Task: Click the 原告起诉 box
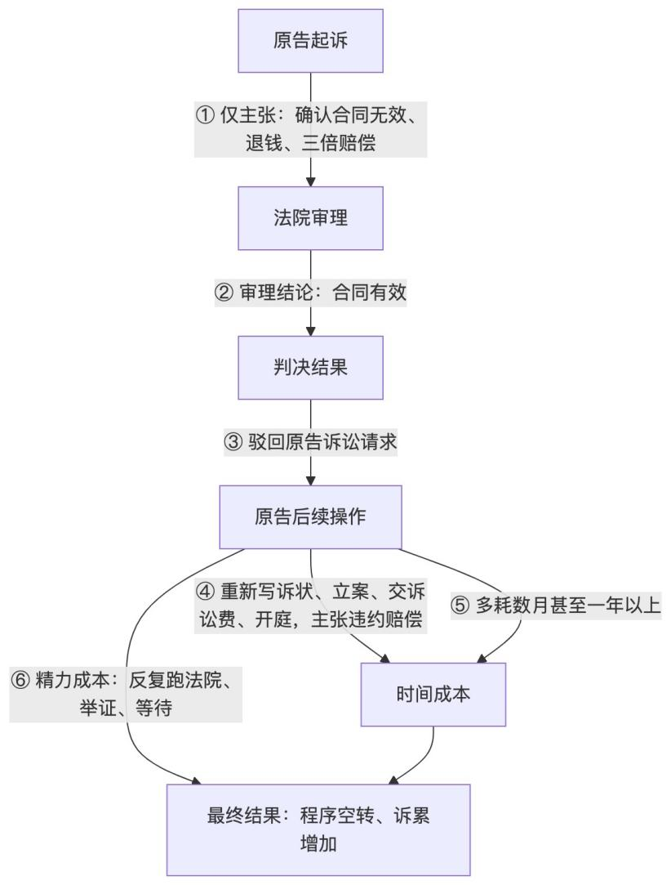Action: (310, 41)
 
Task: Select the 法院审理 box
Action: (310, 218)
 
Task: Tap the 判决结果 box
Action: (310, 368)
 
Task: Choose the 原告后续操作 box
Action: (310, 517)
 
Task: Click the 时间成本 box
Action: (433, 695)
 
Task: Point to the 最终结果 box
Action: (318, 829)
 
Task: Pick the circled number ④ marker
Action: (206, 590)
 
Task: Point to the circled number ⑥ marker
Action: (20, 680)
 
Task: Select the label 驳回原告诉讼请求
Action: (322, 442)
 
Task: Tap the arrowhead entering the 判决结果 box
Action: (310, 331)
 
